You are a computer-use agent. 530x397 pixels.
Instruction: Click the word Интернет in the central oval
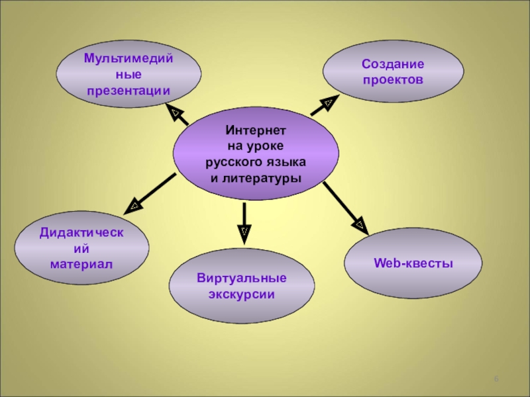(x=256, y=132)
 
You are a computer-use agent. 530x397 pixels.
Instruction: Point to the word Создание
(x=392, y=64)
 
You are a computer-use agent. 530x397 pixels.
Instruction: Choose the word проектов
(x=392, y=79)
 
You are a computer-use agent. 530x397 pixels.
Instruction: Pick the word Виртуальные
(x=241, y=278)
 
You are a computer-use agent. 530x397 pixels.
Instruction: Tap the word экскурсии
(x=241, y=293)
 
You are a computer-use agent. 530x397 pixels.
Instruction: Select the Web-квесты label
(x=413, y=263)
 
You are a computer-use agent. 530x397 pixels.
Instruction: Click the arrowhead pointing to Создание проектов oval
(x=328, y=102)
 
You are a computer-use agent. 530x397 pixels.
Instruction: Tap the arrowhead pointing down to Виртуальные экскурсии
(x=244, y=231)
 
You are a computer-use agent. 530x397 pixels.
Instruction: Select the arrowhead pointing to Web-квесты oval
(x=360, y=224)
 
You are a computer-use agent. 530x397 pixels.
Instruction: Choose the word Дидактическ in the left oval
(x=82, y=233)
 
